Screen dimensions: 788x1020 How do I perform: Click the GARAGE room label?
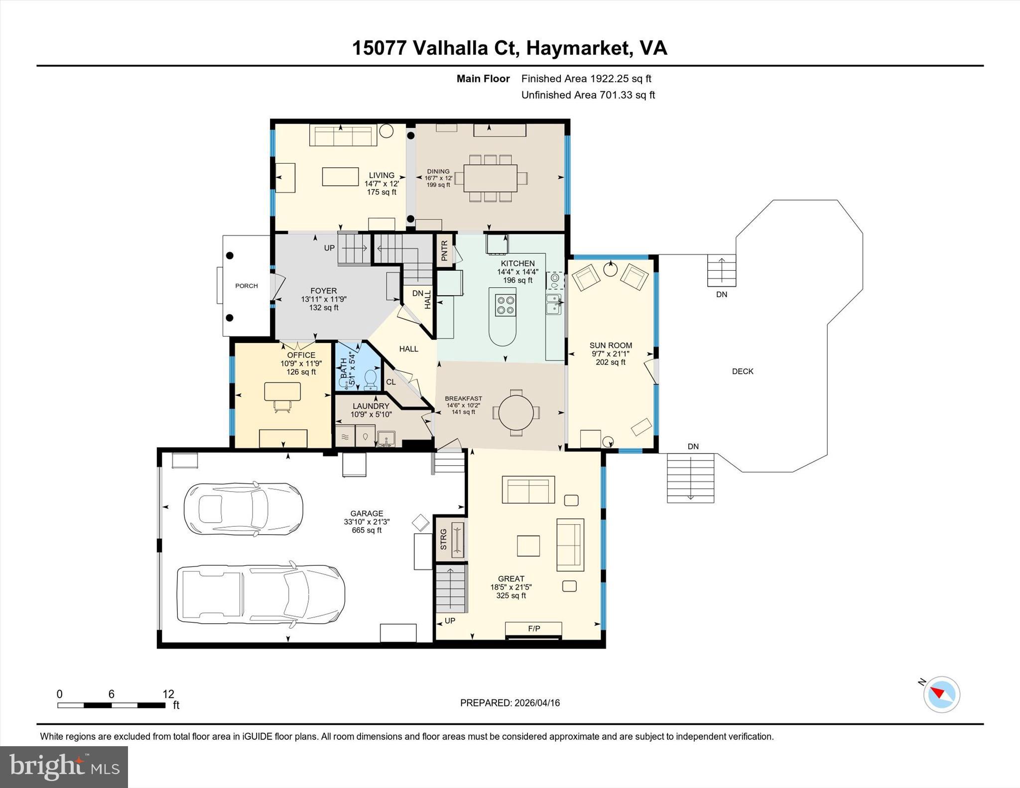point(367,513)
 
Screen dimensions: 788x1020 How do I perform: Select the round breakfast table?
point(516,412)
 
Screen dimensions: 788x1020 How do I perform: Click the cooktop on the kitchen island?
point(505,305)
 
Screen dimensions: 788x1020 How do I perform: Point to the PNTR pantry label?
point(445,250)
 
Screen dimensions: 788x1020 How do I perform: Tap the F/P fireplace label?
point(534,629)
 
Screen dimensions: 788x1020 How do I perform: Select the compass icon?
point(941,694)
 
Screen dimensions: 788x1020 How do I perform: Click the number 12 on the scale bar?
point(168,694)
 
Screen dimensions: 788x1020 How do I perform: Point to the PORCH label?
point(247,286)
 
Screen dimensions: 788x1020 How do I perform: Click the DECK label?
point(743,371)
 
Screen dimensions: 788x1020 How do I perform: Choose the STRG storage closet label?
point(444,540)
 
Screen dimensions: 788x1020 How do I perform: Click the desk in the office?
point(282,392)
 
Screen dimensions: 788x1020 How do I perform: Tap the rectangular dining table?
point(490,178)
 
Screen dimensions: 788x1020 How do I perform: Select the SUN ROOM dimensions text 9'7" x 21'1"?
point(611,354)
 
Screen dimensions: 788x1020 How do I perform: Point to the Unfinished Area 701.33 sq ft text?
point(588,95)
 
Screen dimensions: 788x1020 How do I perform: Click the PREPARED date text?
point(510,703)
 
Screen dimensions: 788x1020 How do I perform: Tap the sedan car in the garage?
point(243,509)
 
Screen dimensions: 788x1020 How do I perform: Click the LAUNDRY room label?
point(371,406)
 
